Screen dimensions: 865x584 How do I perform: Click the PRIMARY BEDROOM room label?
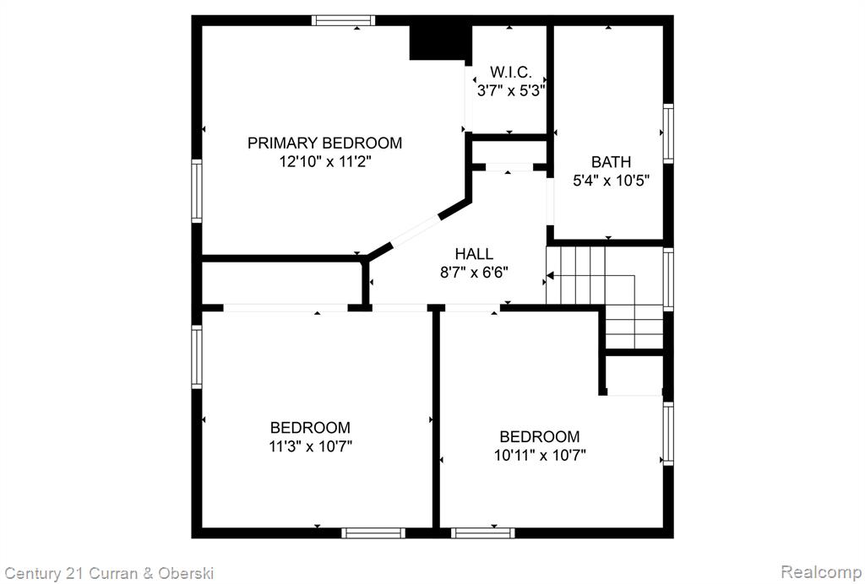[324, 143]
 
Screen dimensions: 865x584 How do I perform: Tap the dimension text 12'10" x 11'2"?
[324, 162]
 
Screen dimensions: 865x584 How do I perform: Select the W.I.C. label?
[511, 73]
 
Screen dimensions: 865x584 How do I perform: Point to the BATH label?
[611, 162]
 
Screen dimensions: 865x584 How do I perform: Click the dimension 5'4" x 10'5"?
[611, 181]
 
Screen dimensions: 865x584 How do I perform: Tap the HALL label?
[474, 254]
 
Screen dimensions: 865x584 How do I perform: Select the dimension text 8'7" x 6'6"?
[474, 273]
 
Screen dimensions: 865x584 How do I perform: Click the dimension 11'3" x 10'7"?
[310, 446]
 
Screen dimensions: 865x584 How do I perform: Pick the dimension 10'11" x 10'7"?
[540, 456]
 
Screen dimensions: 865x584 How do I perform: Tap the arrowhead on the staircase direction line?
[550, 275]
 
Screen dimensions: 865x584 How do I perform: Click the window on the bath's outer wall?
[668, 133]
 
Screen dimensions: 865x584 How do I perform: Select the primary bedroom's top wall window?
[343, 21]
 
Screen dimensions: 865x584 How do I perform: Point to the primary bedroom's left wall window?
[196, 191]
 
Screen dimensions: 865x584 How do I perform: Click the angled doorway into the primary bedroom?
[415, 231]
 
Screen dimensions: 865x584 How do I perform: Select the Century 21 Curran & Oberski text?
[109, 573]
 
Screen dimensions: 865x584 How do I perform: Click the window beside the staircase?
[668, 279]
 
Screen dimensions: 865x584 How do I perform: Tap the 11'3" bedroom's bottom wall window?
[373, 533]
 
